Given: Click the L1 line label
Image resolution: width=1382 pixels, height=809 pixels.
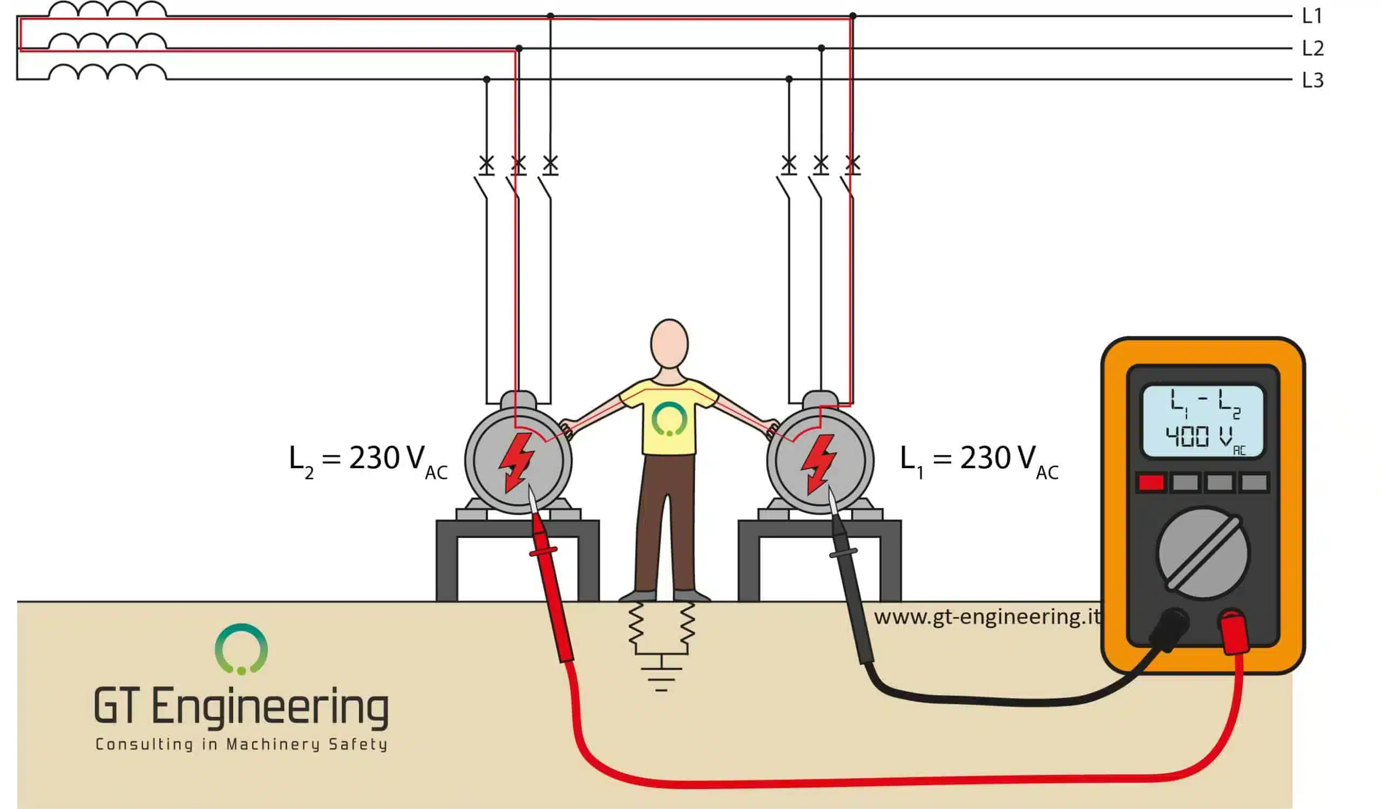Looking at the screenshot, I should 1312,16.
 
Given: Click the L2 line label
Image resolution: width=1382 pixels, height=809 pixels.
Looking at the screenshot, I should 1313,48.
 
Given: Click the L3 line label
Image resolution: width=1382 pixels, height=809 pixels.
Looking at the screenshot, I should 1313,80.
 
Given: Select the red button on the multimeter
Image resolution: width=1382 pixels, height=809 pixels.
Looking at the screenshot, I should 1151,483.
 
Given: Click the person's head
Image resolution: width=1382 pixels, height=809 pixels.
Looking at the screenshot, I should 669,345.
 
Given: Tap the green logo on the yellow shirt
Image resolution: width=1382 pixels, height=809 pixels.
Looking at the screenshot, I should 669,419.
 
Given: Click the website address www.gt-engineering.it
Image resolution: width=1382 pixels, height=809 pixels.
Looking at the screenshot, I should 987,617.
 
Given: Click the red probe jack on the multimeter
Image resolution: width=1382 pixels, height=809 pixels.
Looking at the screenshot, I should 1234,631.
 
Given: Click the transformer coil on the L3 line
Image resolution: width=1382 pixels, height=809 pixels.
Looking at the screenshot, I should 107,72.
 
